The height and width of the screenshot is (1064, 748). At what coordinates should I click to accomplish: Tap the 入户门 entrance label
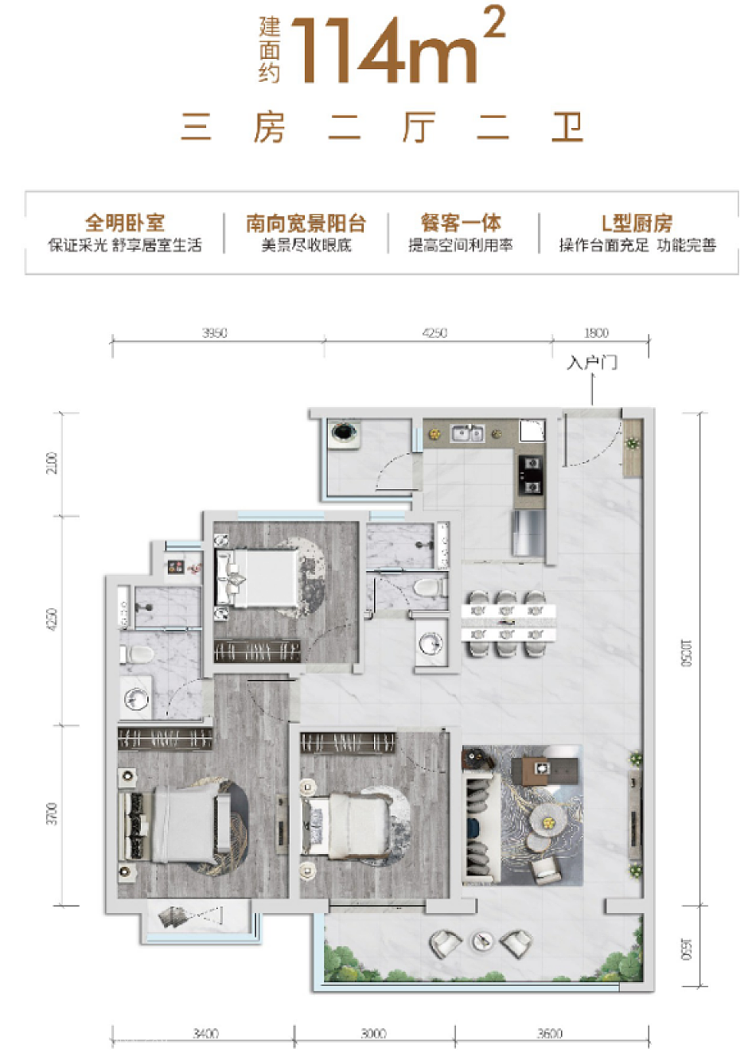591,363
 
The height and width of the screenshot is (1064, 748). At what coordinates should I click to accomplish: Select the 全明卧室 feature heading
125,223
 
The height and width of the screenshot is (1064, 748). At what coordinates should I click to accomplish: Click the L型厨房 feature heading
637,223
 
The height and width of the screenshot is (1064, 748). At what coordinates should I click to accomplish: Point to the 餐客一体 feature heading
461,223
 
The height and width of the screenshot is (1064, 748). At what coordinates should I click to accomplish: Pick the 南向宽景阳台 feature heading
306,223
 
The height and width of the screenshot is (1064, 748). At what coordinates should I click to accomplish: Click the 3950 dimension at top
215,333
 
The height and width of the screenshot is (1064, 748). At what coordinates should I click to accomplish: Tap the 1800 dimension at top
596,333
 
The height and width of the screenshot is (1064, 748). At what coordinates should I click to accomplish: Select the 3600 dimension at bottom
549,1034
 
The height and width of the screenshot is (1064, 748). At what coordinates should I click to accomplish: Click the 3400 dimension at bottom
205,1034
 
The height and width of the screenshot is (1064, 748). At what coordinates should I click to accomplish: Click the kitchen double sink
467,433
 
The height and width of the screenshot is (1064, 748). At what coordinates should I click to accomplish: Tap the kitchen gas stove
531,475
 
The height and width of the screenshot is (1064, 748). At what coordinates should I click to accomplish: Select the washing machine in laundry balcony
344,433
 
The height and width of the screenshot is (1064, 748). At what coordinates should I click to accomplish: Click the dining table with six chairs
508,623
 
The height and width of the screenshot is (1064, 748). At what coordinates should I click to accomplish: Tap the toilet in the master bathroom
139,654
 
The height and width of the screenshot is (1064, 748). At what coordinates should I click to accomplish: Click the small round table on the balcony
482,942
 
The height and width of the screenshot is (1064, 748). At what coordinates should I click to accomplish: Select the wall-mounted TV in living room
635,819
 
